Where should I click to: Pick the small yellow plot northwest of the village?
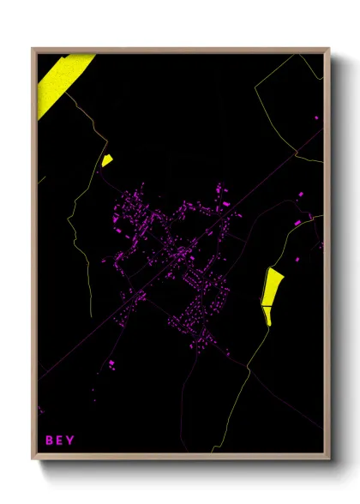106,159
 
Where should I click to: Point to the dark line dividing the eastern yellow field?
267,305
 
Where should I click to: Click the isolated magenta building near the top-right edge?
316,117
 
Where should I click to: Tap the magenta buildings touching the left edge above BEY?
40,411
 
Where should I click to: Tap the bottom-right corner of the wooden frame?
329,459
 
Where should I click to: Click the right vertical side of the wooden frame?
327,257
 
